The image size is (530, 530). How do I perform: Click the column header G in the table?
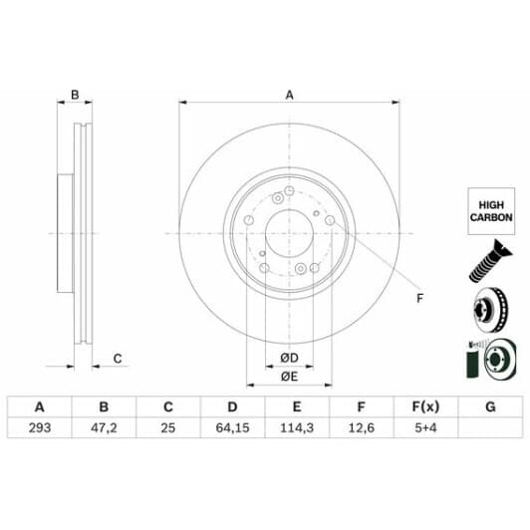click(x=488, y=407)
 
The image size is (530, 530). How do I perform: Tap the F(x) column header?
click(x=424, y=407)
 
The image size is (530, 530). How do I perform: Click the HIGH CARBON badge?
click(x=490, y=209)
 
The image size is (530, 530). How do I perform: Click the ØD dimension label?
click(x=289, y=358)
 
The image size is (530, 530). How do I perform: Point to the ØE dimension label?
click(x=289, y=376)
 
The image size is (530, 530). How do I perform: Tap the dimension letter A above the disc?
click(x=290, y=96)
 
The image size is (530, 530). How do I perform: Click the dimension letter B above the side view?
click(x=74, y=96)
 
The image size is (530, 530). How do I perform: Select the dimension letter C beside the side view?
click(x=117, y=358)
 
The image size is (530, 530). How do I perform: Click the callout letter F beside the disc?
click(x=418, y=299)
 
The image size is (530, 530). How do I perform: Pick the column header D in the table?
click(x=231, y=407)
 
